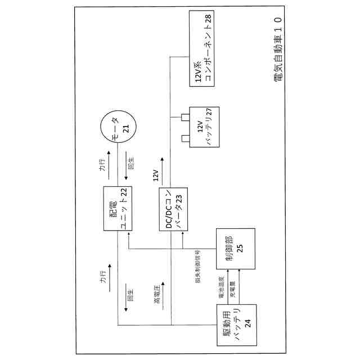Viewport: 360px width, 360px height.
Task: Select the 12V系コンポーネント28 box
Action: pyautogui.click(x=204, y=51)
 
